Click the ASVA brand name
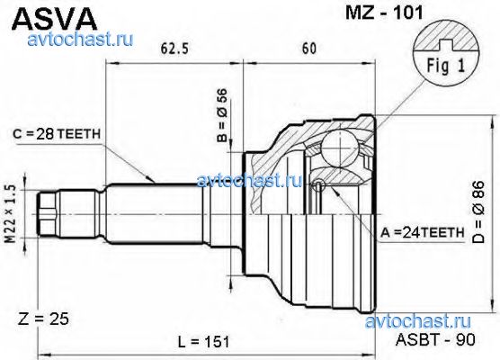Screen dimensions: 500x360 [x=54, y=19]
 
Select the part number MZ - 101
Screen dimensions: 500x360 [x=384, y=13]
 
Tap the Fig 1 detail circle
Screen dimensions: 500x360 [x=446, y=56]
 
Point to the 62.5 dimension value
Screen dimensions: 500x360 [x=174, y=49]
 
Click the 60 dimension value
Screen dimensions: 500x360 [x=309, y=49]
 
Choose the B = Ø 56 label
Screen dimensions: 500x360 [x=222, y=115]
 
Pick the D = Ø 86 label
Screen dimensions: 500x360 [x=478, y=212]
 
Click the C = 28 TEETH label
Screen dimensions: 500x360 [x=57, y=134]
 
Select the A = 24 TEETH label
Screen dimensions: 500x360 [x=423, y=233]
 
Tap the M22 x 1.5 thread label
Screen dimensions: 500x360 [x=11, y=214]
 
